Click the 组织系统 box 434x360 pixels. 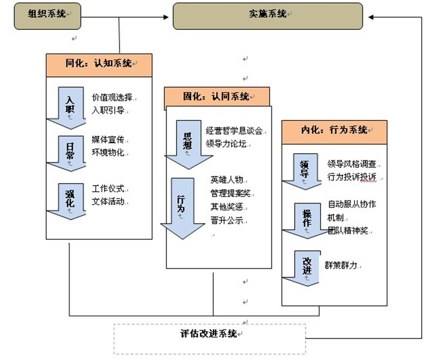click(x=47, y=16)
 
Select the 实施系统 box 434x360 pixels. click(x=268, y=16)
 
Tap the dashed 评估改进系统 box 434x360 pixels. click(x=209, y=339)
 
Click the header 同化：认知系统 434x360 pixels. click(x=99, y=65)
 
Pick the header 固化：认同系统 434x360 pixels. click(x=217, y=97)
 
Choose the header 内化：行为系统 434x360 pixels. click(x=334, y=132)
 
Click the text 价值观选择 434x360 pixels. click(x=112, y=98)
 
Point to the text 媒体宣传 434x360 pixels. click(x=108, y=141)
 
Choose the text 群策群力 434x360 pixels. click(x=342, y=265)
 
